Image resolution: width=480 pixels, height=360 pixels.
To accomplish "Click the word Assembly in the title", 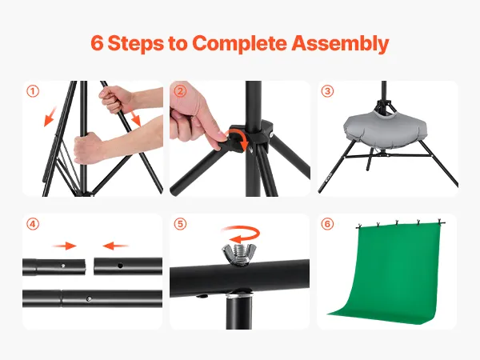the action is click(340, 43).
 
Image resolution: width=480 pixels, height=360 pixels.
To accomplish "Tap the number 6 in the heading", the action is click(97, 43).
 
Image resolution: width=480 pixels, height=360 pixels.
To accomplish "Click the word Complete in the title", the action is click(239, 43).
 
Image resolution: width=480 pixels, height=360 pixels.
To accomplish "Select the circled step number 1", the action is click(33, 91).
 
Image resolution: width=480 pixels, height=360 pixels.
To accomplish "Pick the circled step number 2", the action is click(180, 91).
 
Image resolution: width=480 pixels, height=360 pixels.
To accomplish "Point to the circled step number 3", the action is click(327, 91).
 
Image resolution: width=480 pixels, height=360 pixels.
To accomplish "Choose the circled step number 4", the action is click(33, 224).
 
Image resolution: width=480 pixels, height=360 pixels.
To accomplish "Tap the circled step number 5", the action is click(180, 224).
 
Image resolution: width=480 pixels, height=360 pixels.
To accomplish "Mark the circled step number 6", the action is click(327, 224).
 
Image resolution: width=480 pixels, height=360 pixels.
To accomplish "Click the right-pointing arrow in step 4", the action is click(64, 246).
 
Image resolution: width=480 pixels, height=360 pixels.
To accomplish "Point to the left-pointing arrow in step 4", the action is click(116, 246).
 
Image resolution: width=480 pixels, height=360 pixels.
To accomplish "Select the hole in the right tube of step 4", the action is click(120, 266).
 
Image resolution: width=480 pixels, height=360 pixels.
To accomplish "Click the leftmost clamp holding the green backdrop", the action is click(359, 226).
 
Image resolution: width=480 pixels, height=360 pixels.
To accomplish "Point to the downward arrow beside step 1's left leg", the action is click(50, 116).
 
